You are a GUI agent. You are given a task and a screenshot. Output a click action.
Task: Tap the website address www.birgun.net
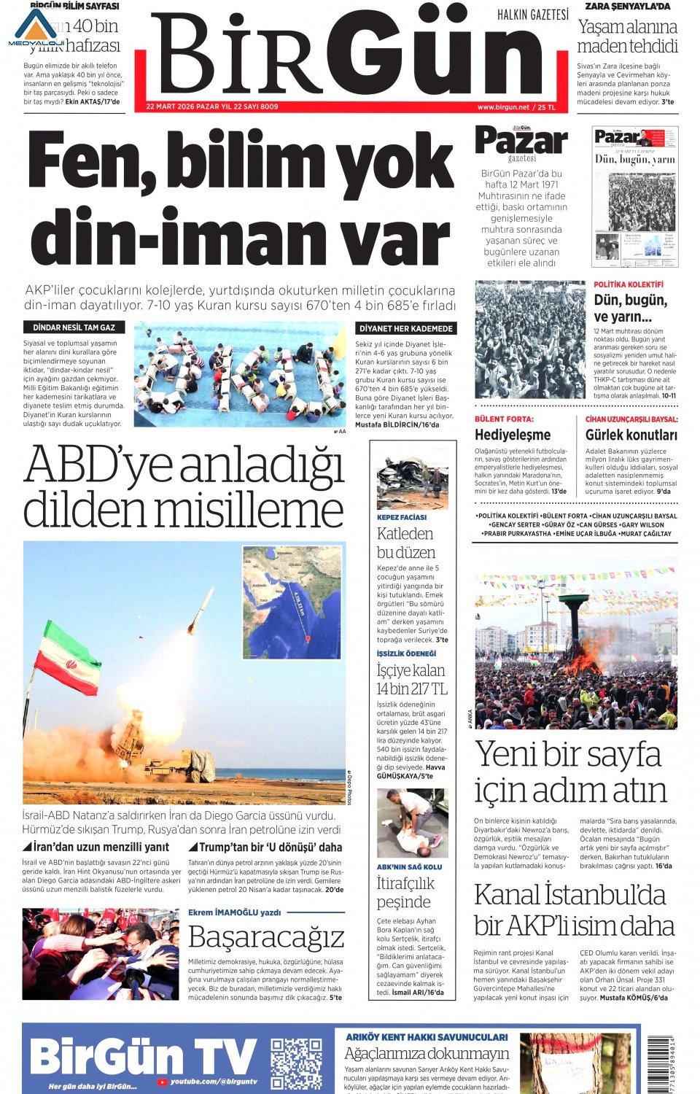click(503, 107)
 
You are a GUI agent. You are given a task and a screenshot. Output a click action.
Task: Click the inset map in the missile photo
click(292, 602)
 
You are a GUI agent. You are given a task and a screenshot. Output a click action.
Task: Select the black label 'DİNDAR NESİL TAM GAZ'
click(74, 327)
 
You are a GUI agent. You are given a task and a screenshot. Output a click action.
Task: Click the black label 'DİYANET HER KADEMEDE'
click(406, 328)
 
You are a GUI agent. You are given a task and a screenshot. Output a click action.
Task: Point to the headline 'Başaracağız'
click(266, 937)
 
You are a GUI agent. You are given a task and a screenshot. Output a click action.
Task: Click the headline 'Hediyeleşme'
click(513, 435)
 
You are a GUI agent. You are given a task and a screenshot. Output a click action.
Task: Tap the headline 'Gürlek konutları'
click(631, 435)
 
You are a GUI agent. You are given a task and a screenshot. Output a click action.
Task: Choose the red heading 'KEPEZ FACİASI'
click(402, 517)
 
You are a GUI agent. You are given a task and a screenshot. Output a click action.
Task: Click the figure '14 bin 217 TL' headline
click(412, 688)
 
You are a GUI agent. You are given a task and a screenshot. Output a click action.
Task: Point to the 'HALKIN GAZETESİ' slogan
click(533, 15)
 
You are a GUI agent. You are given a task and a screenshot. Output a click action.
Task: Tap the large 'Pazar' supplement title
click(521, 141)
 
